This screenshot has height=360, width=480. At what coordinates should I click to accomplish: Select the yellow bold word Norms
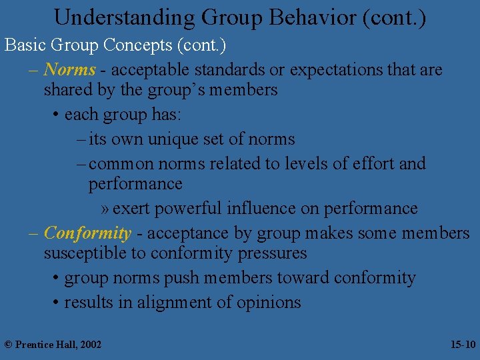coord(69,69)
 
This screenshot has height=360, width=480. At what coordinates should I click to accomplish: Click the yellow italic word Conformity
coord(87,233)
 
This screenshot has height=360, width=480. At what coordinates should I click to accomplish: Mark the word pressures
coord(275,253)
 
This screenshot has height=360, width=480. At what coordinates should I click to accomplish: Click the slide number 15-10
coord(463,344)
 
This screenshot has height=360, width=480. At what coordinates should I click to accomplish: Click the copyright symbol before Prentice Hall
coord(8,344)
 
